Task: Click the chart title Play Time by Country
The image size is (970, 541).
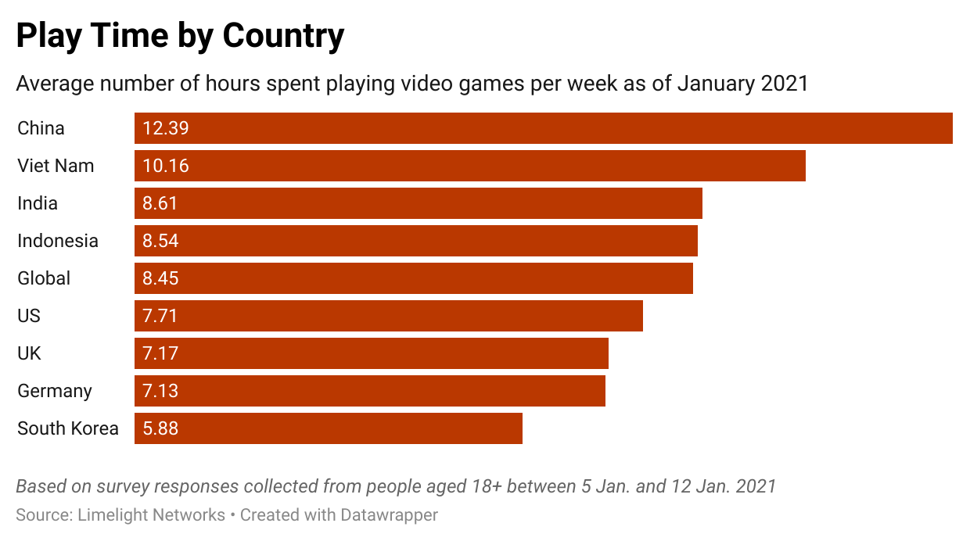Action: (x=180, y=36)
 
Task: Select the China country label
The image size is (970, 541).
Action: (x=41, y=128)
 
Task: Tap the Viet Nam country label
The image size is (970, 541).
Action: (x=56, y=166)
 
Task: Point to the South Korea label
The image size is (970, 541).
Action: (x=68, y=428)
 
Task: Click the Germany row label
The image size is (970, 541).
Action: (x=55, y=391)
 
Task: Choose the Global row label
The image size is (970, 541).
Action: (x=44, y=278)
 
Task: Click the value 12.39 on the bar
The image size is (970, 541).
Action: (x=166, y=128)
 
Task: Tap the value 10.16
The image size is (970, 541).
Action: (x=166, y=166)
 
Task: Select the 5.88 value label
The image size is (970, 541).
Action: (x=160, y=428)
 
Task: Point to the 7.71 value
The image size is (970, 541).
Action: (x=160, y=316)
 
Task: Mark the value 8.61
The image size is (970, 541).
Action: (x=160, y=203)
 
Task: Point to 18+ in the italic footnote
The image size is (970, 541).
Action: (x=483, y=486)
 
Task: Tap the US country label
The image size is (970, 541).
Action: (x=29, y=316)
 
